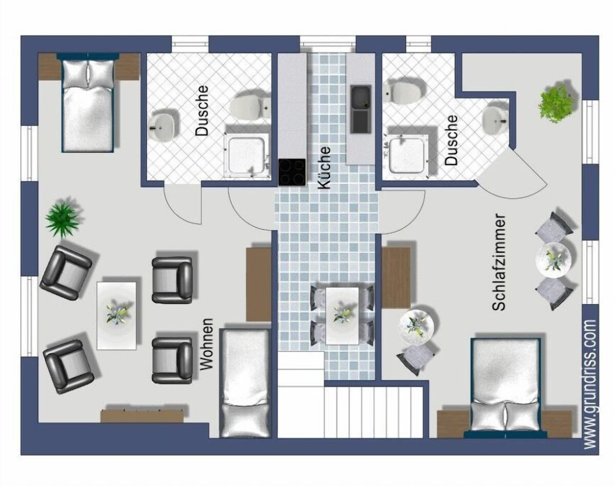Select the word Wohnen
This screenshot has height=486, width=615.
pos(207,345)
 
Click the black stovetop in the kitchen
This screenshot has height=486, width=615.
pos(292,172)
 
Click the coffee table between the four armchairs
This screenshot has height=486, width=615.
pos(117,315)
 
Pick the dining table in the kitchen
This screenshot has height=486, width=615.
pos(342,316)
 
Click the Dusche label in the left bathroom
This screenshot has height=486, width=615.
pos(202,110)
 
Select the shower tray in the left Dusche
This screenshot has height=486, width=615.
pos(247,155)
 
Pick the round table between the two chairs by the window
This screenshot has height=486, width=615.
pos(553,259)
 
